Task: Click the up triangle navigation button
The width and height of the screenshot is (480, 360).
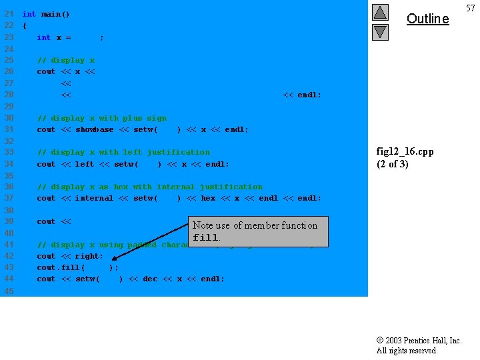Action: click(x=380, y=13)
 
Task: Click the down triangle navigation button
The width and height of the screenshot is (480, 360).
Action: click(x=380, y=31)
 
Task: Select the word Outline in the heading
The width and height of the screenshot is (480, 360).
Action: click(x=427, y=19)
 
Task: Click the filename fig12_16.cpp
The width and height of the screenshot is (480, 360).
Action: click(x=405, y=151)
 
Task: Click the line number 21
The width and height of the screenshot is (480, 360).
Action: click(x=9, y=14)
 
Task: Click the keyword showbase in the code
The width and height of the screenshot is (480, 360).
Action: click(x=94, y=129)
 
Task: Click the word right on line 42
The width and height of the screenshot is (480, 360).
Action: click(x=87, y=256)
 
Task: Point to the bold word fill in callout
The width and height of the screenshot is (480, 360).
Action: click(x=205, y=238)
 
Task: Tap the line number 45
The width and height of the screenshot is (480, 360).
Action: click(x=9, y=291)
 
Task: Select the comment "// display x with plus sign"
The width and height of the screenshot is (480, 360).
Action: click(x=102, y=118)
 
